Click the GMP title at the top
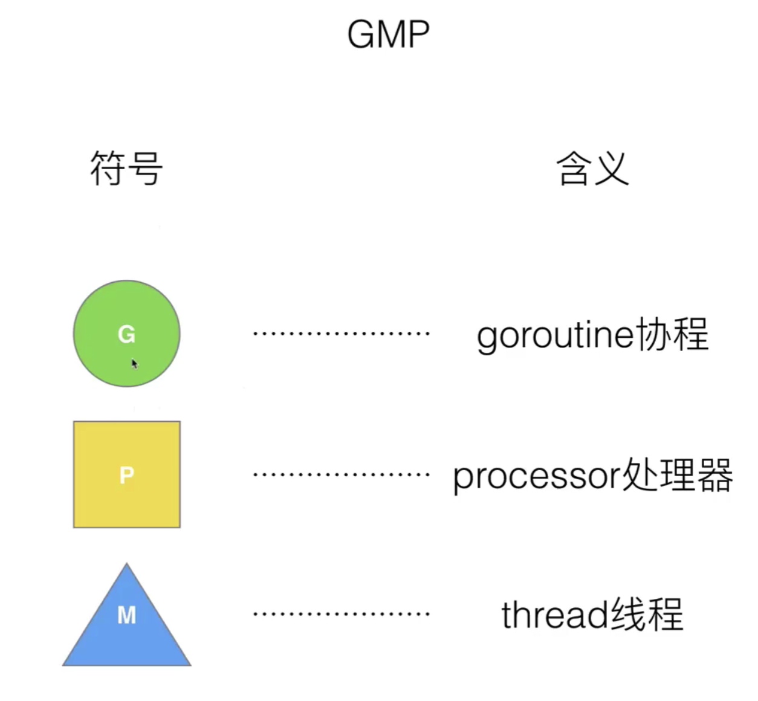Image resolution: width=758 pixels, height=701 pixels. point(388,34)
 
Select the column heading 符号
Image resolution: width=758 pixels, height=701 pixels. point(126,169)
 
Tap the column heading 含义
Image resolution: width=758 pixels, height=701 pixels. point(592,169)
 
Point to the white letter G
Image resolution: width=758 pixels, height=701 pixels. point(126,334)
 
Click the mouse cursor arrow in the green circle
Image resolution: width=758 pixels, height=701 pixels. point(134,363)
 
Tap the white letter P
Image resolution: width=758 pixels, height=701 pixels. point(126,476)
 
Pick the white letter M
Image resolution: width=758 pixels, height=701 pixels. point(126,615)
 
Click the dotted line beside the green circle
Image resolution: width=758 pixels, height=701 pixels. point(341,333)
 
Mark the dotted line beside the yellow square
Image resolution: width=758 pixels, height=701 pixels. point(341,474)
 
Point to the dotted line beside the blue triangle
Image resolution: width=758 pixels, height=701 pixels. point(341,614)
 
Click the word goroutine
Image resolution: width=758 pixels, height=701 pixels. point(555,335)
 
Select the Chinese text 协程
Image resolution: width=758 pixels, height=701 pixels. point(671,334)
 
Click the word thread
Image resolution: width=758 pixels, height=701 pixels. point(555,615)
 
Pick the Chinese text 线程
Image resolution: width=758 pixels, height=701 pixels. point(647,614)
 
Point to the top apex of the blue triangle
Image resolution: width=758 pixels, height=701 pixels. point(127,566)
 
